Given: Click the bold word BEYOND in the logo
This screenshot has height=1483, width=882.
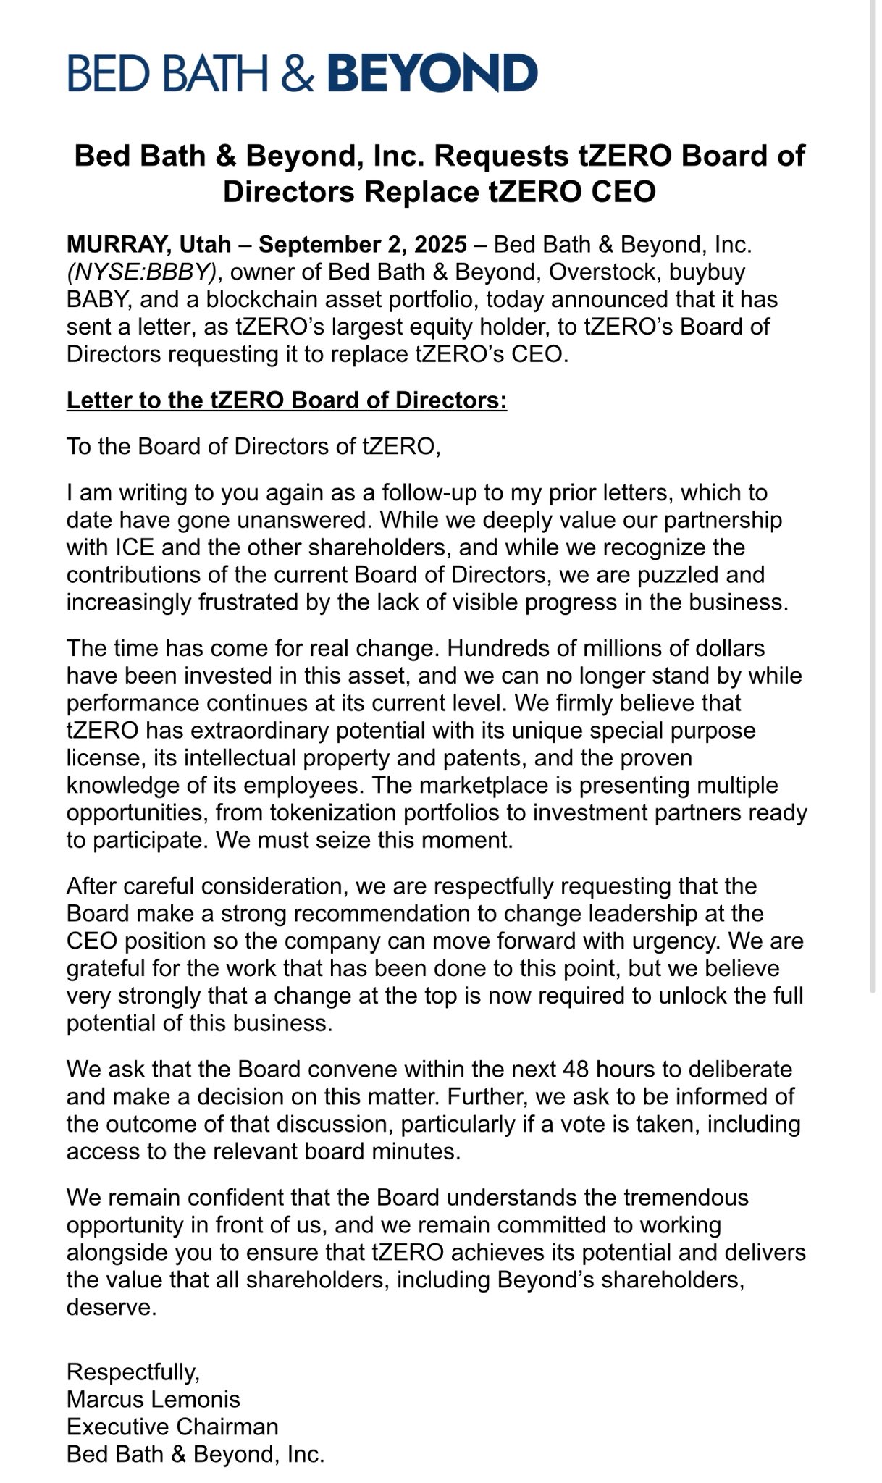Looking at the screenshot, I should coord(433,73).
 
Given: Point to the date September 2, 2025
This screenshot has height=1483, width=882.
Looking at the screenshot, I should coord(363,245).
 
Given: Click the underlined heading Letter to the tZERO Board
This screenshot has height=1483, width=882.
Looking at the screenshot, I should coord(287,400).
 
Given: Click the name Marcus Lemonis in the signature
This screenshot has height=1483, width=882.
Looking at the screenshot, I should coord(153,1399).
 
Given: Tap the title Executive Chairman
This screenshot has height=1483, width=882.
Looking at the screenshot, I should coord(172,1427).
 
